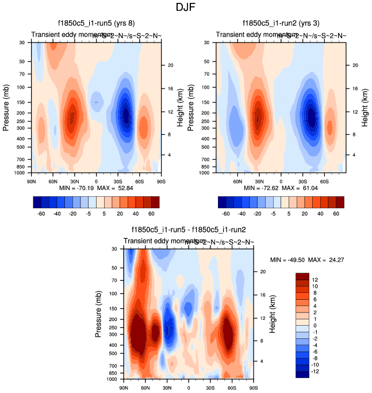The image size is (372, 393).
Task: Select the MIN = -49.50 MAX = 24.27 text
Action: coord(308,260)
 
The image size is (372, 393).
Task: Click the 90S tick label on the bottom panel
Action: coord(252,388)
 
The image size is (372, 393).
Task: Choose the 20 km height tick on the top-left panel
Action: coord(170,66)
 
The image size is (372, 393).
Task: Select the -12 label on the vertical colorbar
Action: coord(317,372)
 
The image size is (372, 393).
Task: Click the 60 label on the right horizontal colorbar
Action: coord(336,213)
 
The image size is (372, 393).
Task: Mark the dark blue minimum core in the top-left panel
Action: coord(126,116)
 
